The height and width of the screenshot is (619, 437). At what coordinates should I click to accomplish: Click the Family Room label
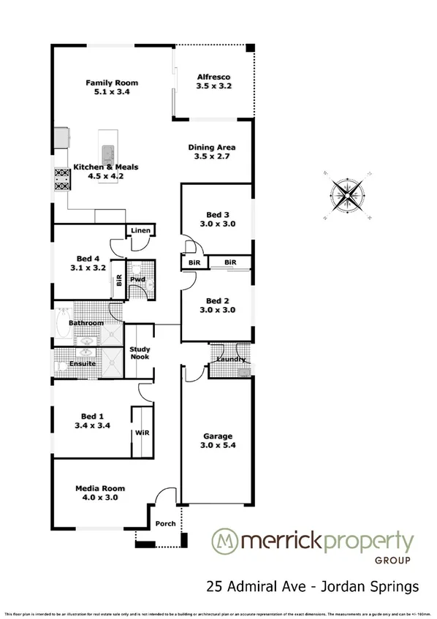tap(112, 83)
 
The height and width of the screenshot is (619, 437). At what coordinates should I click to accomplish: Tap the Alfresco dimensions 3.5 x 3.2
tap(214, 86)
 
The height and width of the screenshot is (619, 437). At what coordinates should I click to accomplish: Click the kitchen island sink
tap(108, 153)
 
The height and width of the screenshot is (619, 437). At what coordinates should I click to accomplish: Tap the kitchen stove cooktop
tap(61, 178)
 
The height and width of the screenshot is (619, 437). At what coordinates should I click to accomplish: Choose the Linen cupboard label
tap(140, 231)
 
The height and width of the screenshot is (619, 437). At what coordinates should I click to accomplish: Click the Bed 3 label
tap(218, 214)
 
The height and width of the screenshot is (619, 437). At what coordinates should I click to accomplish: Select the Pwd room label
tap(137, 280)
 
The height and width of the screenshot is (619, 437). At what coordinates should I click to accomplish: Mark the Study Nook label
tap(140, 352)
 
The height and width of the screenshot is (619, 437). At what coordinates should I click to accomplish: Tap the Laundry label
tap(229, 360)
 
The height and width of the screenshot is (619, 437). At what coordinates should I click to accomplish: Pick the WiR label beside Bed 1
tap(142, 433)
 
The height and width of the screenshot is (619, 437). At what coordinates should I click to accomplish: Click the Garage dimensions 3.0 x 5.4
tap(218, 444)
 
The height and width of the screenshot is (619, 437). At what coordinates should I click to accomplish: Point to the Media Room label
tap(100, 488)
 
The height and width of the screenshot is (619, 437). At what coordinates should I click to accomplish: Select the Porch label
tap(166, 523)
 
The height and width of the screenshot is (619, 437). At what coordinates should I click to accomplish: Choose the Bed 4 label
tap(88, 258)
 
